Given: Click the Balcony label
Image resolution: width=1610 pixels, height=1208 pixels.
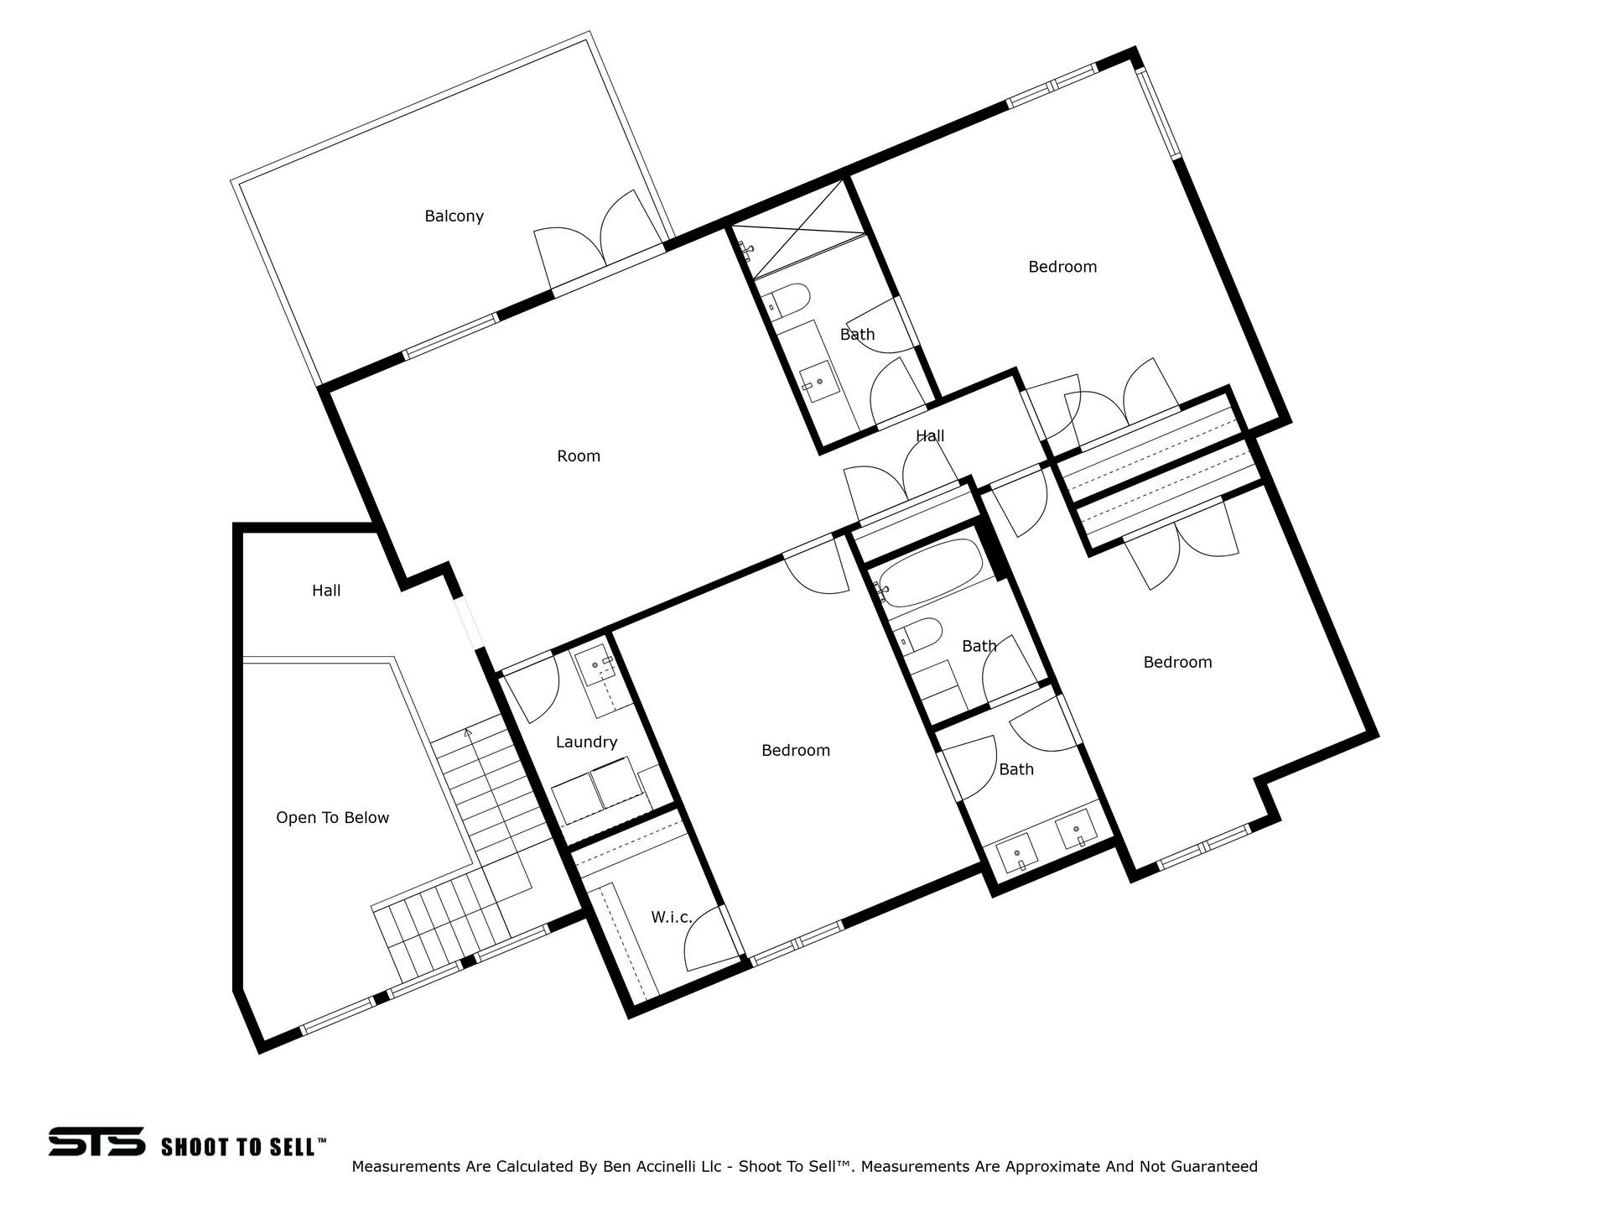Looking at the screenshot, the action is pos(454,216).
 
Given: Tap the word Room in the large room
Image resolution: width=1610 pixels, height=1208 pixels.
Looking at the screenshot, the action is pos(579,456).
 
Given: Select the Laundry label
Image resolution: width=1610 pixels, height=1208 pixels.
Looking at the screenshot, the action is pos(586,742).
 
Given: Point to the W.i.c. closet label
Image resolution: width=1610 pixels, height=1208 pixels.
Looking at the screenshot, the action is pos(672,918).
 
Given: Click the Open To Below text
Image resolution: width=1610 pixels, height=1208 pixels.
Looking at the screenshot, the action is pos(332,818).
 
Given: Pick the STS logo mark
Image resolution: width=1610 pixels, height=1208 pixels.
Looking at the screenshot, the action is pos(96,1143).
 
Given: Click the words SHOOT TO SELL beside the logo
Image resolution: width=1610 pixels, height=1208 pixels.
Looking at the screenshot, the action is pos(238,1146).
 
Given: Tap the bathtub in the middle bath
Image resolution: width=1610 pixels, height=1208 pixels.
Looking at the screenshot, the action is pos(931,572).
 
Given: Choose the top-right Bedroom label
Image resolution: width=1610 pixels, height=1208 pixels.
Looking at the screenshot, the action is pos(1062,267).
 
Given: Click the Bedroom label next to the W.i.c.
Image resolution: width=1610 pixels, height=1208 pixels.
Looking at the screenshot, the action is pos(796,751).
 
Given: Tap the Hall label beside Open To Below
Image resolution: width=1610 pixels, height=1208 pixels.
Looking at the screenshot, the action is pos(326,591).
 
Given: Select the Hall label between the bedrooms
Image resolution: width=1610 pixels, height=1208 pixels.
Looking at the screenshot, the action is pos(930,436).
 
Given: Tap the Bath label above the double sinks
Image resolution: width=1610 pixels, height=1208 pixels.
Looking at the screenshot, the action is pos(1016,769).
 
